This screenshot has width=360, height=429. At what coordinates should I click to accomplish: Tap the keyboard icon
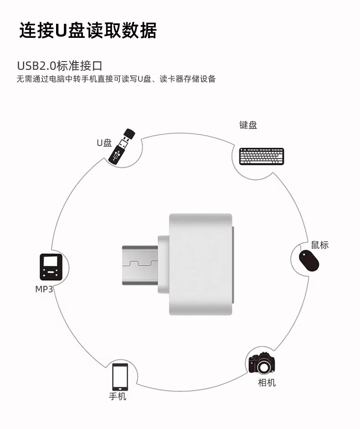[x=261, y=156]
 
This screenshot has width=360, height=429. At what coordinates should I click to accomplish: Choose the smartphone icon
[x=120, y=377]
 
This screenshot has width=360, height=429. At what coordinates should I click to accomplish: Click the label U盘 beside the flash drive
[x=104, y=143]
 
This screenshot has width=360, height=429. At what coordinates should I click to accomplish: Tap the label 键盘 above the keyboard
[x=248, y=125]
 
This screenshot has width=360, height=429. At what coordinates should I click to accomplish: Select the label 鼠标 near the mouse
[x=320, y=245]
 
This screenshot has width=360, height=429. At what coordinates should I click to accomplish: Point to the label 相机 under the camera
[x=267, y=382]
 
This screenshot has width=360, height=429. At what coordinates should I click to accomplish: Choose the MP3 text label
[x=44, y=289]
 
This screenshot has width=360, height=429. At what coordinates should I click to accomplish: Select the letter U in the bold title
[x=62, y=30]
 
